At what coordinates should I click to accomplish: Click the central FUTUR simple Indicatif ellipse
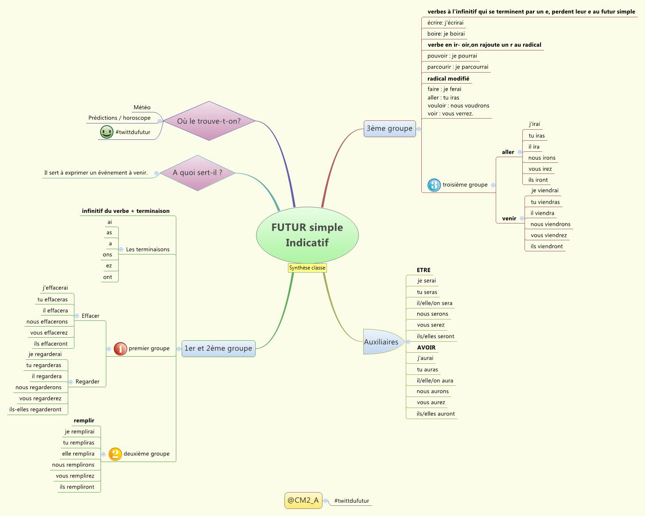click(307, 235)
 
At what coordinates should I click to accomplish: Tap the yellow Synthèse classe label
click(307, 268)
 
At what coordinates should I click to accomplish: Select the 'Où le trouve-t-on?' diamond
click(209, 121)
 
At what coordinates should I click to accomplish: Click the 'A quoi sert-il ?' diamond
click(197, 173)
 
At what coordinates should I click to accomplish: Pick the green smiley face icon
click(106, 132)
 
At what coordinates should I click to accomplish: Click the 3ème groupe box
click(389, 128)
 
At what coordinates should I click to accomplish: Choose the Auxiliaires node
click(381, 342)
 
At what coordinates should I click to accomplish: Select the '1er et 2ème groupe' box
click(218, 348)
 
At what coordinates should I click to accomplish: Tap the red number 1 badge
click(120, 349)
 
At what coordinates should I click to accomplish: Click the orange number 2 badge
click(115, 454)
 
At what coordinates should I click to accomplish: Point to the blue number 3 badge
click(434, 185)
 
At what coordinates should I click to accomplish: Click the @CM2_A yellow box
click(303, 501)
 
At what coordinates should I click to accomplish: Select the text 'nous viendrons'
click(550, 224)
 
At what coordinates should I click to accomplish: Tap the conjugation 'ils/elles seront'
click(435, 336)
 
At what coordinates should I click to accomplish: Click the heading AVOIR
click(426, 347)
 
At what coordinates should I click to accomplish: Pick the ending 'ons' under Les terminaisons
click(107, 254)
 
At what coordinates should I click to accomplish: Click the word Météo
click(142, 108)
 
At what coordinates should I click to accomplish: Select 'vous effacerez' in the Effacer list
click(49, 333)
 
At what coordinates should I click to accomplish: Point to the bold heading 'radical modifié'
click(448, 79)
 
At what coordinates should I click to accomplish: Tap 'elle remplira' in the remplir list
click(78, 454)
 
